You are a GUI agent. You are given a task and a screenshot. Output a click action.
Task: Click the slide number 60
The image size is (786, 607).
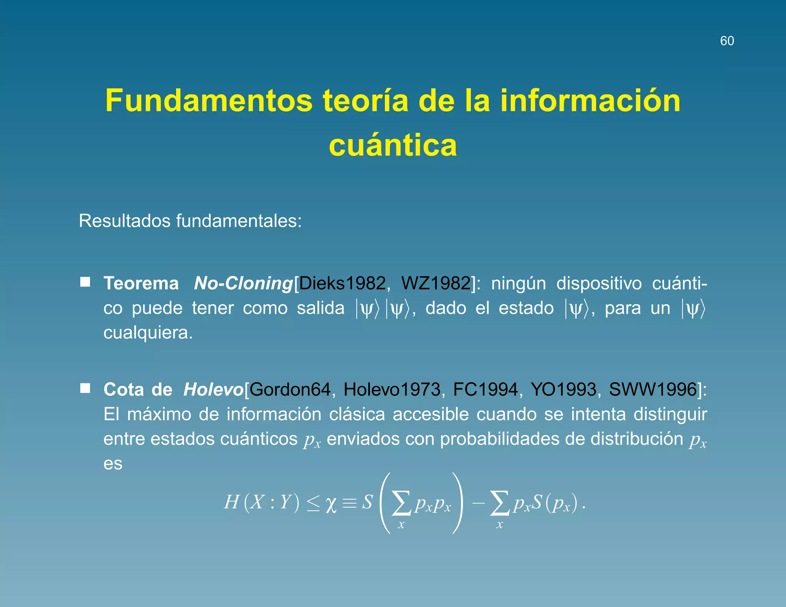tap(727, 41)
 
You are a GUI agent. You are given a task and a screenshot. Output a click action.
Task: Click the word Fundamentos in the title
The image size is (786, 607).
tap(209, 101)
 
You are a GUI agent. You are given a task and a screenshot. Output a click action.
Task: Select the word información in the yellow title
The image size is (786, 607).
tap(590, 101)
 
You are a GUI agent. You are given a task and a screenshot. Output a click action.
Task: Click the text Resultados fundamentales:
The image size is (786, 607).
tap(190, 221)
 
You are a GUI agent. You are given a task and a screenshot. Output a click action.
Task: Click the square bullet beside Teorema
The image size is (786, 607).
tap(85, 282)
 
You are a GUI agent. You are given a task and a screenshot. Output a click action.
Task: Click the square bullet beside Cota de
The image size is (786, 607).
tap(85, 388)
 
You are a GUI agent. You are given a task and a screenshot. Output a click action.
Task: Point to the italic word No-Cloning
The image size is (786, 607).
tap(243, 284)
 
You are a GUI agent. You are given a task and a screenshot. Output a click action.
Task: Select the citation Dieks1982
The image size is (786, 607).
tap(342, 284)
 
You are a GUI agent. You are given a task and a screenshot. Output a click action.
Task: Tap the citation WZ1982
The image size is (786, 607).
tap(436, 284)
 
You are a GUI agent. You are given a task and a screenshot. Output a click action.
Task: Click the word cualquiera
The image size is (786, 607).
tap(147, 333)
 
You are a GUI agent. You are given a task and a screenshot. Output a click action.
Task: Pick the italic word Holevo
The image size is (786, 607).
tap(213, 390)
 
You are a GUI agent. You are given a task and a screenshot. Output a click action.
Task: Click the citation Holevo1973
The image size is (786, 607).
tap(392, 390)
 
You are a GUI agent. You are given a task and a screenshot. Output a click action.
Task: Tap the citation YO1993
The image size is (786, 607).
tap(563, 390)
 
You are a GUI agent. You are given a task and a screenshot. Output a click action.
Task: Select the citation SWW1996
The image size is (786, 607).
tap(653, 390)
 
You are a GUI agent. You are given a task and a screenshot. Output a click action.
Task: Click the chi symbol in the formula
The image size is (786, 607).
tap(331, 504)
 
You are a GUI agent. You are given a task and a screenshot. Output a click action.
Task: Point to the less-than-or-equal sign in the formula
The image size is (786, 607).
tap(313, 503)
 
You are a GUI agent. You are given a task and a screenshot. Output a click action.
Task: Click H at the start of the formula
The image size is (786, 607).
tap(232, 502)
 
